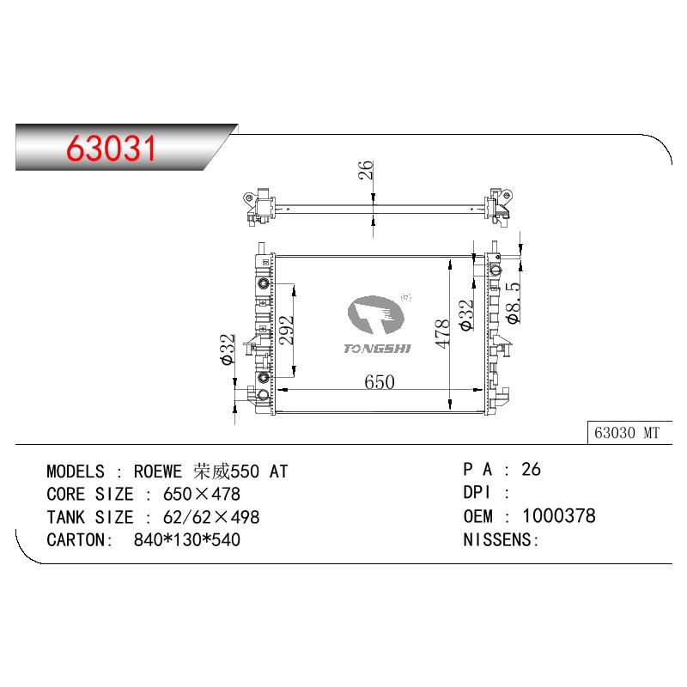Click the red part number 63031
111,148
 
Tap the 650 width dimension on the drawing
380,382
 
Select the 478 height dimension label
442,334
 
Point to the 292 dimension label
287,330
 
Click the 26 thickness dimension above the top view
366,169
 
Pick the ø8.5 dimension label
513,303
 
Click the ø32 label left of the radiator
228,350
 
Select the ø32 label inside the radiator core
466,315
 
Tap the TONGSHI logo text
377,349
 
